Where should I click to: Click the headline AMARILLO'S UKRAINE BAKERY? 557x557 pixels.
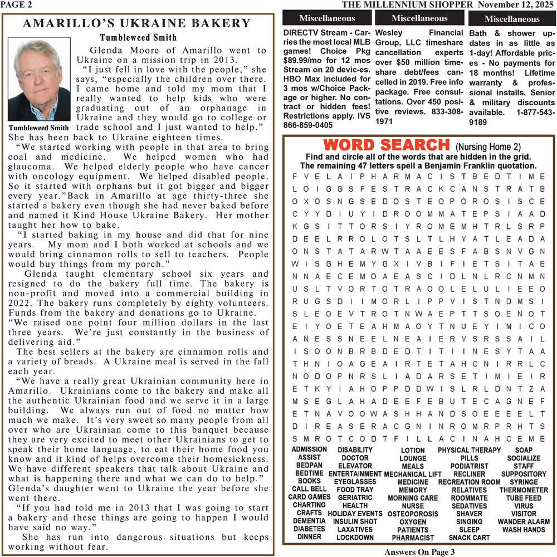point(138,23)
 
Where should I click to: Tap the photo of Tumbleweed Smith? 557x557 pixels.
point(39,80)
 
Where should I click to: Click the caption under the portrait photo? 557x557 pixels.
point(39,128)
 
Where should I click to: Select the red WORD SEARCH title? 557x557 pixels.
point(382,145)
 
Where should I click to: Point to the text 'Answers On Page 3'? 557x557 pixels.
point(419,552)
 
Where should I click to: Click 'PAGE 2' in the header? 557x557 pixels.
point(16,4)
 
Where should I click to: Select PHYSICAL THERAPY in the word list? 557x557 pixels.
point(469,450)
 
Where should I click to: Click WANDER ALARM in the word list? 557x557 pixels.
point(524,522)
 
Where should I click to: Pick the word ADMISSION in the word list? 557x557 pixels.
point(309,449)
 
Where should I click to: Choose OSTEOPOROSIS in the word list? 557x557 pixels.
point(413,514)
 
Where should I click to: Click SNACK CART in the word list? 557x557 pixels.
point(469,538)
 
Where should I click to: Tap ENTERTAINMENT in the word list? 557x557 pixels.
point(355,474)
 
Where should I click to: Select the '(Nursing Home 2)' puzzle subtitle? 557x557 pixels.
point(488,147)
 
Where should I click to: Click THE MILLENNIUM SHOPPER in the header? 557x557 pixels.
point(407,5)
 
